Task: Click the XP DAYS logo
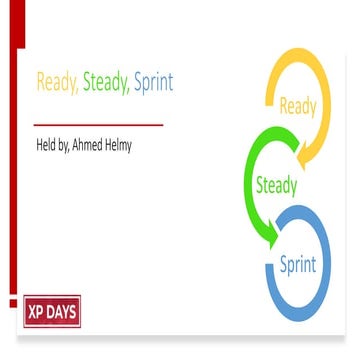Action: tap(52, 310)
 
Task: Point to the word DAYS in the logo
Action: tap(62, 310)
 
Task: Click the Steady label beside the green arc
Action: tap(276, 185)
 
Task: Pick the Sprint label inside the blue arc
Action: tap(297, 265)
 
